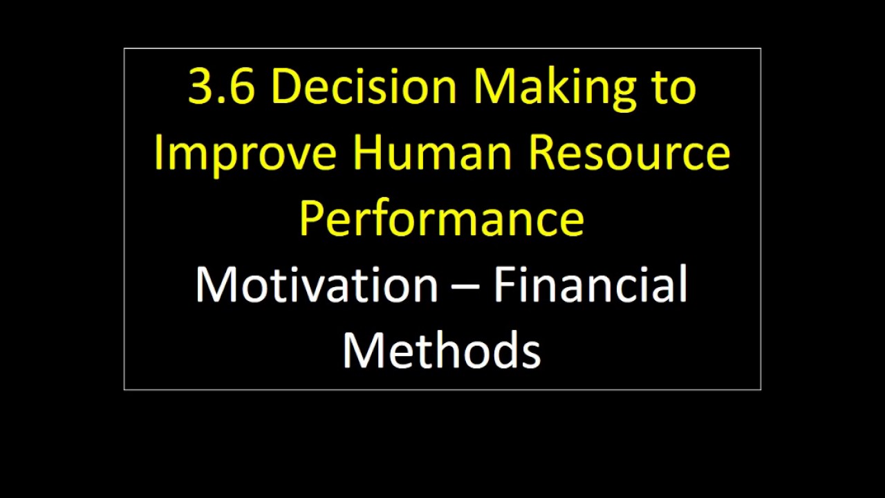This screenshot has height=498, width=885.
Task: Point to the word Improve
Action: pos(245,154)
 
